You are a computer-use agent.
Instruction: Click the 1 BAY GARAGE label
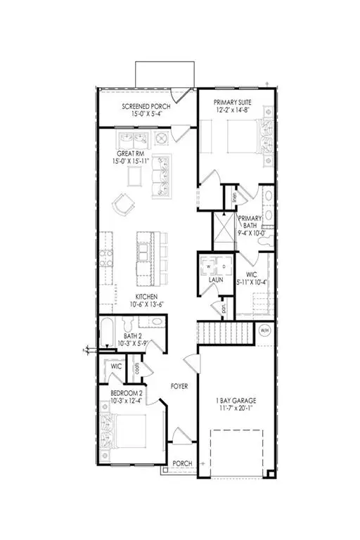(234, 402)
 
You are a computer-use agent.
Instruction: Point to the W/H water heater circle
(264, 331)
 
